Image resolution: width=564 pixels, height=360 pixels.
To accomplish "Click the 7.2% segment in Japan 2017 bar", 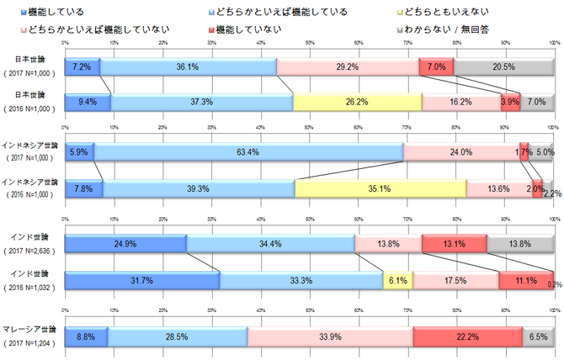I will [x=82, y=66].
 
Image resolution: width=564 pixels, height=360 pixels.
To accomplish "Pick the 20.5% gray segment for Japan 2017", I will [x=504, y=66].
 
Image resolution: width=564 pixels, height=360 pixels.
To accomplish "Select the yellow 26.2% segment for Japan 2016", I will [x=357, y=102].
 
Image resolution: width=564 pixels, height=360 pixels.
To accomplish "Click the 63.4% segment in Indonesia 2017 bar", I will [x=248, y=152].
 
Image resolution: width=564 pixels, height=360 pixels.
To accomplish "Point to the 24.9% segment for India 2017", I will [x=125, y=244].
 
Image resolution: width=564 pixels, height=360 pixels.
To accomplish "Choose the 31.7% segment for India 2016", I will [x=142, y=280].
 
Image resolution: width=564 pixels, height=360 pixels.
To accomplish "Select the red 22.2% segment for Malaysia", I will [x=468, y=336].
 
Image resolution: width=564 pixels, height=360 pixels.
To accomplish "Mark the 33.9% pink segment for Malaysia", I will [x=330, y=336].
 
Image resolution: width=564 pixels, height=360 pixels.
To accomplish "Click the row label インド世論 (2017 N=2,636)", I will [x=33, y=244].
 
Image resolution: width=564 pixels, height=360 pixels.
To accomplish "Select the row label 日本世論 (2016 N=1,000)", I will [x=33, y=102].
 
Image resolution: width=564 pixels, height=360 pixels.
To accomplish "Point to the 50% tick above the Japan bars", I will [x=310, y=42].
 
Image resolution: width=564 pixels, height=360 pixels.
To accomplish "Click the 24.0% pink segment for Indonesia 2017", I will [x=460, y=152].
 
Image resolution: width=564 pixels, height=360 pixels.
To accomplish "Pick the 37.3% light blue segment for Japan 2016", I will [x=201, y=102].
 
